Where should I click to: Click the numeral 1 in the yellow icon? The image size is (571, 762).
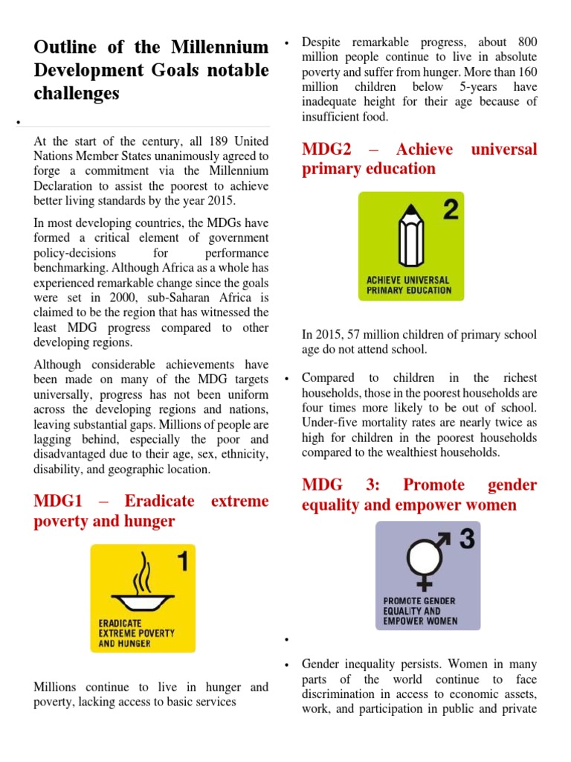(x=181, y=563)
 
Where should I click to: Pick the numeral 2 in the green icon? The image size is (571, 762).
(x=449, y=211)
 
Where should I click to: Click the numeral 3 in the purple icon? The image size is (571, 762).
(x=466, y=540)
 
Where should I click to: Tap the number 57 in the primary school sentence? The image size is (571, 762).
(x=352, y=335)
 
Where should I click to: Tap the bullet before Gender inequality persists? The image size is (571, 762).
(x=286, y=665)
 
